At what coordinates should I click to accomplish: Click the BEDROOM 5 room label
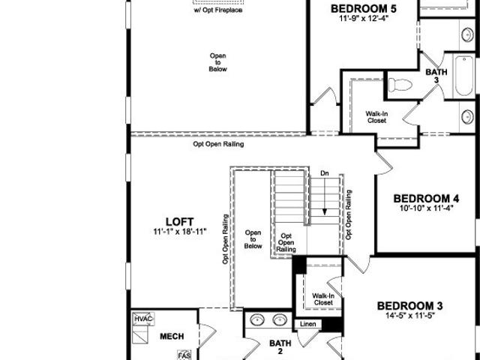point(363,8)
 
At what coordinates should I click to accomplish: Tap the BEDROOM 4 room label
point(426,199)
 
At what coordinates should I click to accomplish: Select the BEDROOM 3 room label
point(410,306)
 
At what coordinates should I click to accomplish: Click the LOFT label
point(180,222)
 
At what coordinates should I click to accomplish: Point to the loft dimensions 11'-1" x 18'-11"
point(180,232)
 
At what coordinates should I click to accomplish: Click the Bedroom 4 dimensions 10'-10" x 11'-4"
point(427,208)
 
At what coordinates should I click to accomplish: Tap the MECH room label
point(172,337)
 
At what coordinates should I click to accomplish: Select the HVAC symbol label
point(143,319)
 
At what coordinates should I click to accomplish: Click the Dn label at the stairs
point(325,173)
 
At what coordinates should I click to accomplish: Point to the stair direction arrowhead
point(325,211)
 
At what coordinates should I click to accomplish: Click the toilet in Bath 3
point(400,85)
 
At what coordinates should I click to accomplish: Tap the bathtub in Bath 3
point(464,75)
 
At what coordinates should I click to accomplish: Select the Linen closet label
point(308,324)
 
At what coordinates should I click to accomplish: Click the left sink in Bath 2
point(257,320)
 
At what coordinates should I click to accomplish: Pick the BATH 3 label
point(436,76)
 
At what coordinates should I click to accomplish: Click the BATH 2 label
point(280,346)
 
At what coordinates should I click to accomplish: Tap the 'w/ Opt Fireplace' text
point(218,10)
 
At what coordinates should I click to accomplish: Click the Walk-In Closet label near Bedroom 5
point(376,117)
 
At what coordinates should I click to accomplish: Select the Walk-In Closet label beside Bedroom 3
point(323,299)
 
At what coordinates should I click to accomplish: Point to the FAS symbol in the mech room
point(184,355)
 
